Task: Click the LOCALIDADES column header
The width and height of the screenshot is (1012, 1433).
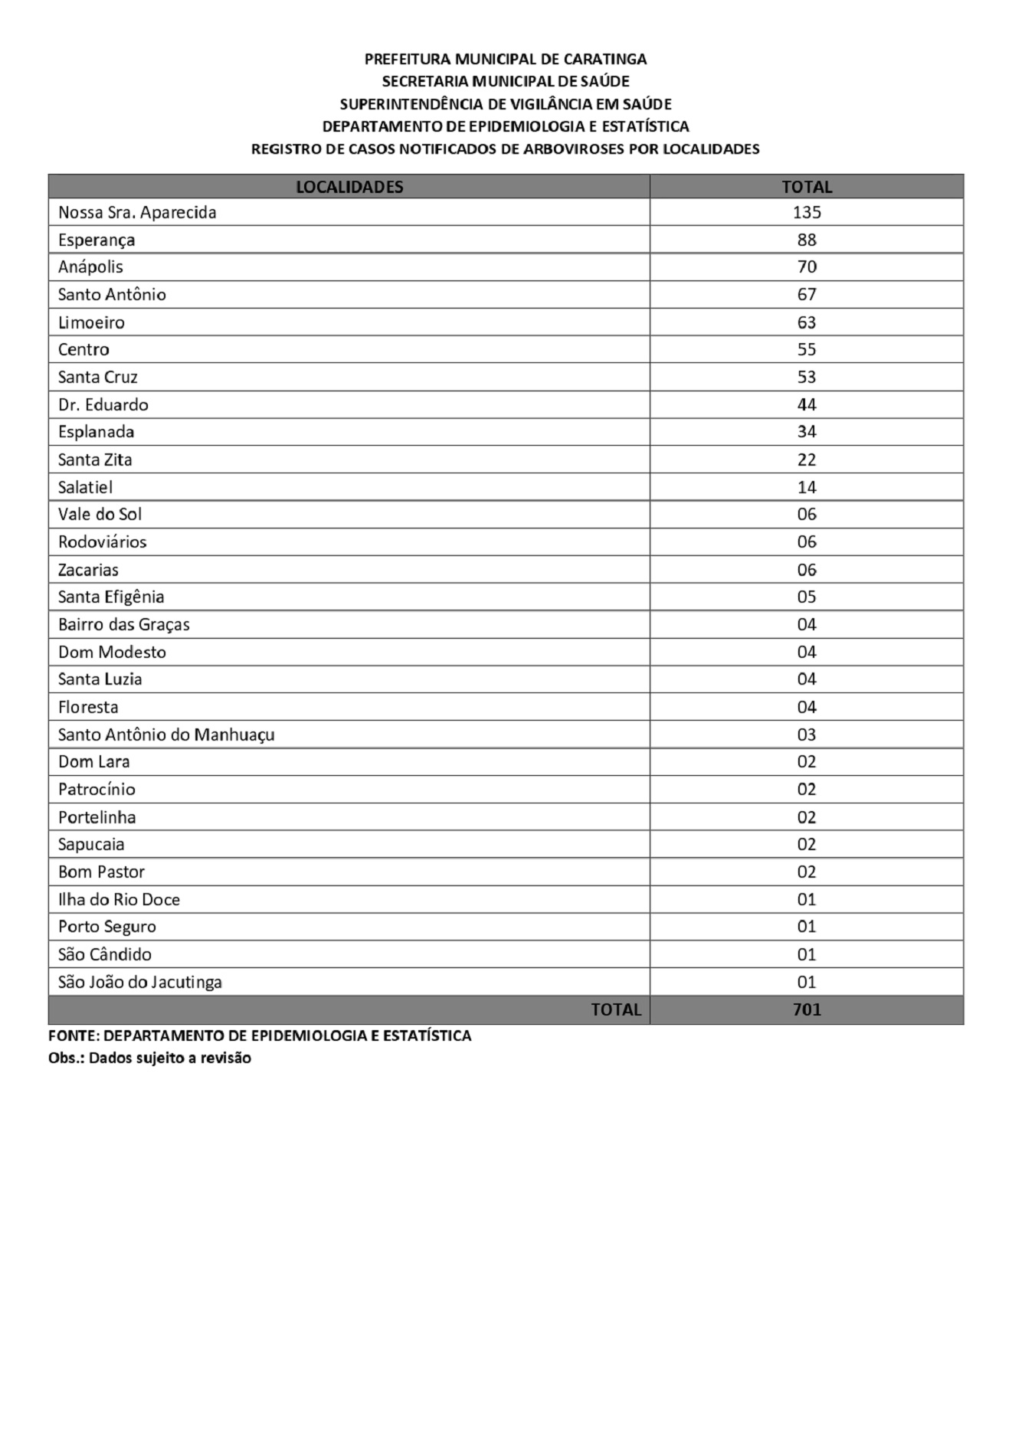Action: pos(349,187)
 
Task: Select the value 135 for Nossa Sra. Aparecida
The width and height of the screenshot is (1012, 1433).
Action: pos(807,212)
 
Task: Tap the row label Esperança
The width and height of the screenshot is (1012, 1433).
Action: pos(97,240)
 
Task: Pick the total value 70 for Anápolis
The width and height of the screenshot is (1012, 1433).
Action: pos(807,267)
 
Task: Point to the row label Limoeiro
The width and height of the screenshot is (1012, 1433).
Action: pos(91,322)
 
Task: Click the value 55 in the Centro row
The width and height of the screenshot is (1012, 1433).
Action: pos(807,349)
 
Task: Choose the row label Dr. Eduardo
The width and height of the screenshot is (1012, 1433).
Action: pos(103,404)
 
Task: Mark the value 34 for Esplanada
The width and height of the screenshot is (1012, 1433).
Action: pos(807,431)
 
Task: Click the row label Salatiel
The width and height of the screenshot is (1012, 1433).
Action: pos(86,487)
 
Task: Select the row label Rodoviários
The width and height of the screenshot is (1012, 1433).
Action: pos(103,541)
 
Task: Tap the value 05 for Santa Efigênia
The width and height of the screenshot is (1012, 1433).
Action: pos(807,597)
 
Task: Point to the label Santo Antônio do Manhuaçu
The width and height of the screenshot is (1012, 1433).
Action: pos(166,734)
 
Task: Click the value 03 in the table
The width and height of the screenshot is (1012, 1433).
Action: pos(807,734)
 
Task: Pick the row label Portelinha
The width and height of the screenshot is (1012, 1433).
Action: pos(97,817)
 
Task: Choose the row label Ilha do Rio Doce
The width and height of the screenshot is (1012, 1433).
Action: pos(119,899)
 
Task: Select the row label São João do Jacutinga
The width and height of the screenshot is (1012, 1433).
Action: pos(140,982)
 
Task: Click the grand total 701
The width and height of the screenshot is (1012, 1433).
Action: pos(807,1009)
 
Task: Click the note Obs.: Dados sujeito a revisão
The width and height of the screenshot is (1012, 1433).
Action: pos(149,1058)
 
